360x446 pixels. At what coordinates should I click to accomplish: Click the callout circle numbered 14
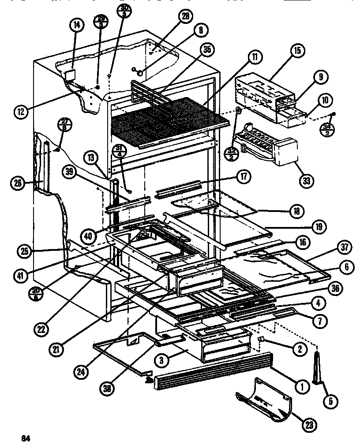[x=76, y=25]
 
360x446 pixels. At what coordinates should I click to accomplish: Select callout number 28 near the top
[x=184, y=16]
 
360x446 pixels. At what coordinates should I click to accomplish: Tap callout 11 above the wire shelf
[x=255, y=57]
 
